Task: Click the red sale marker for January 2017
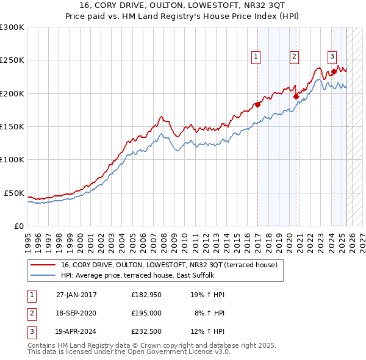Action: pos(257,104)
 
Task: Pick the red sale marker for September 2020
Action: pos(296,96)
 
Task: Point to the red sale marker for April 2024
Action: pos(334,71)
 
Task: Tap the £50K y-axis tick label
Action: pos(14,193)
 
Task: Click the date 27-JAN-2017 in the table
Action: pos(76,295)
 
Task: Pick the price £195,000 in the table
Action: pos(146,314)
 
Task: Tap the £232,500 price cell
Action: pos(146,333)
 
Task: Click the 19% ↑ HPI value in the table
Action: pos(207,295)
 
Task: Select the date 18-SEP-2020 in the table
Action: pos(76,314)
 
